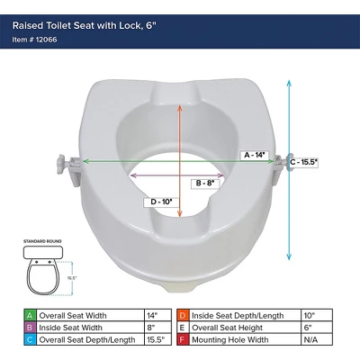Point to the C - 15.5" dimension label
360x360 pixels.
(307, 162)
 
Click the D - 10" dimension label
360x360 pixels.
(162, 200)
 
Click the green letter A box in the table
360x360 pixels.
(31, 315)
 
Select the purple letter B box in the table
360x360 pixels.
(31, 328)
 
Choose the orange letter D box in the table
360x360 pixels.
(183, 315)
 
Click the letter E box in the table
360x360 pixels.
(183, 328)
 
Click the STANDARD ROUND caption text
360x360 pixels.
(42, 242)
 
